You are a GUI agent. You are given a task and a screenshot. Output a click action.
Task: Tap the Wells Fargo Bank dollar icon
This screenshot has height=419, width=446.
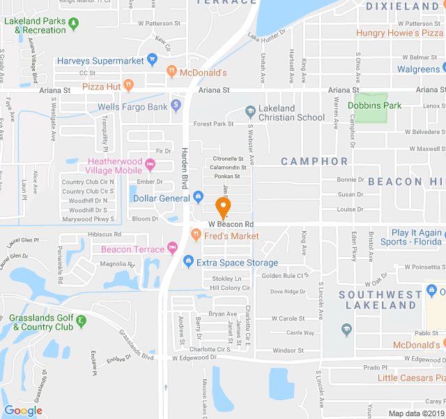tap(176, 105)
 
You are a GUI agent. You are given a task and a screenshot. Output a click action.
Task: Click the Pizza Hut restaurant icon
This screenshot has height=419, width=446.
tap(128, 85)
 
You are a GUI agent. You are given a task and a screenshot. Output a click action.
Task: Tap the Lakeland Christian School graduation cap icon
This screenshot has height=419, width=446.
tap(250, 112)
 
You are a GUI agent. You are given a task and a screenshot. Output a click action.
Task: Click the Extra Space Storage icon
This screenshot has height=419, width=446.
tap(187, 263)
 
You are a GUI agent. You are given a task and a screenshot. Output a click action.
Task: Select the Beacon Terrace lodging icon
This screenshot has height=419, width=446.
tap(171, 249)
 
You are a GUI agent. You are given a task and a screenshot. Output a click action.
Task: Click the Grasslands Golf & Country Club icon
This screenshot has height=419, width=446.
tap(82, 321)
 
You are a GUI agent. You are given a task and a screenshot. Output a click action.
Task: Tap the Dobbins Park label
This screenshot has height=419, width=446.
tap(375, 105)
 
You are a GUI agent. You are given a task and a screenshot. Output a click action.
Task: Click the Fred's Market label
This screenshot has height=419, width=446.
tap(231, 236)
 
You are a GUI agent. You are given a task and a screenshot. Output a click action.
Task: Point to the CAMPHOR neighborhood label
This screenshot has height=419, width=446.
tap(314, 161)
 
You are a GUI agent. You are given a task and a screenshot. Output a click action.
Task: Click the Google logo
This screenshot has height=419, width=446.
tap(23, 411)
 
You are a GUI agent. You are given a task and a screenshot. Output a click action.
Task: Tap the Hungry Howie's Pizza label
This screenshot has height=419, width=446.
tap(400, 33)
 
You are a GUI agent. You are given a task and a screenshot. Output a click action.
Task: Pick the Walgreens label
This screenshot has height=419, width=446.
tap(418, 69)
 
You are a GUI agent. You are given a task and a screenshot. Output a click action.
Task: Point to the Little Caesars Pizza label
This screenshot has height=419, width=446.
tap(411, 378)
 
